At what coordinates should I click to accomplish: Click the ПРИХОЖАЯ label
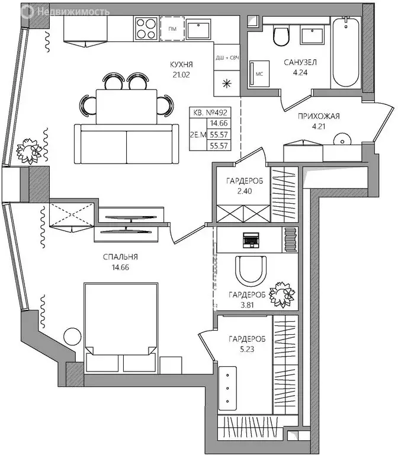(x=318, y=116)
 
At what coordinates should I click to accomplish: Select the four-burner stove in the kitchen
(x=146, y=28)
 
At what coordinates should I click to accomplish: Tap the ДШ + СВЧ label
(x=226, y=58)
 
